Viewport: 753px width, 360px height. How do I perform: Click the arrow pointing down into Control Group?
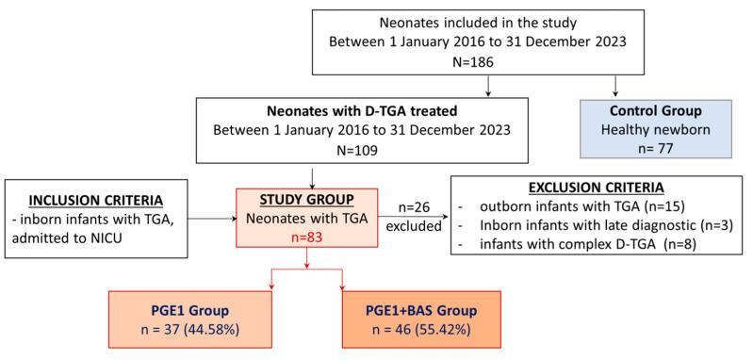tap(615, 88)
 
